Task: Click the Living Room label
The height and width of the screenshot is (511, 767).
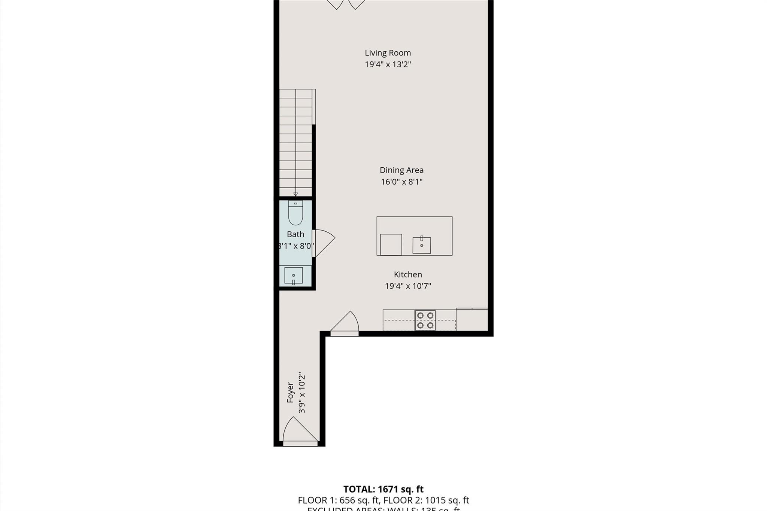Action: [388, 53]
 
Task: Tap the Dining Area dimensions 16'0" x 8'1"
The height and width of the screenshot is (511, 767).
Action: [401, 182]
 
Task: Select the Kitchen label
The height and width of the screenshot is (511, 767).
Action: [407, 274]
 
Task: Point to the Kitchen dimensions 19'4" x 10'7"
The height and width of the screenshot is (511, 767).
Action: [408, 286]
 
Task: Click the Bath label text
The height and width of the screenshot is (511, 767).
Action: [295, 234]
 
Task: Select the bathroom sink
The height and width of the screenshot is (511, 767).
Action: [293, 276]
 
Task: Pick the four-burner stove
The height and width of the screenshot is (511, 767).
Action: [425, 320]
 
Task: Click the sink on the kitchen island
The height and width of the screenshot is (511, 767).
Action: [422, 245]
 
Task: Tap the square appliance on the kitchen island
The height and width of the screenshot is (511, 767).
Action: [391, 244]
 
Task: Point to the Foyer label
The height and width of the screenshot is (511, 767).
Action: [290, 392]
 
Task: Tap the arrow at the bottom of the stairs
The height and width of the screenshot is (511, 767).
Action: [295, 194]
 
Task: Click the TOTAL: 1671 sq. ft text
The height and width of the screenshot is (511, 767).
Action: [383, 489]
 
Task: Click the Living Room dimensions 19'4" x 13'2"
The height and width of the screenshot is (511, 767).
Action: [388, 64]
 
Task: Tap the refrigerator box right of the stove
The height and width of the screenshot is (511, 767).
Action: [472, 319]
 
